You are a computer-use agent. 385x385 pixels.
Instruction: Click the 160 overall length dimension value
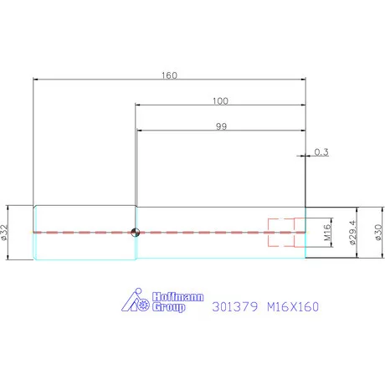point(169,74)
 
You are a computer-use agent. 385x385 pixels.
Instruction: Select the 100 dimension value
point(220,100)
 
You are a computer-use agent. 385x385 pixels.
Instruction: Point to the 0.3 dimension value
point(321,151)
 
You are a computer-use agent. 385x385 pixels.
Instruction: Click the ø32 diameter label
point(6,232)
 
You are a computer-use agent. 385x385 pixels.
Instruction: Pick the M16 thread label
point(328,231)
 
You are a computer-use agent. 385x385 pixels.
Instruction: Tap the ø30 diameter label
point(377,232)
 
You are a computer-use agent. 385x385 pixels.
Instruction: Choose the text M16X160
point(292,306)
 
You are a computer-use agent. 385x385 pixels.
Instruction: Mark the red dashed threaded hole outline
point(282,232)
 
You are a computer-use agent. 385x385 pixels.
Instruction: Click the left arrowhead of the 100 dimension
point(138,105)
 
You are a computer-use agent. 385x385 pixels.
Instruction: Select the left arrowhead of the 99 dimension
point(140,131)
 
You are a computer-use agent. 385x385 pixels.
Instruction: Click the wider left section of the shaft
point(84,219)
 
